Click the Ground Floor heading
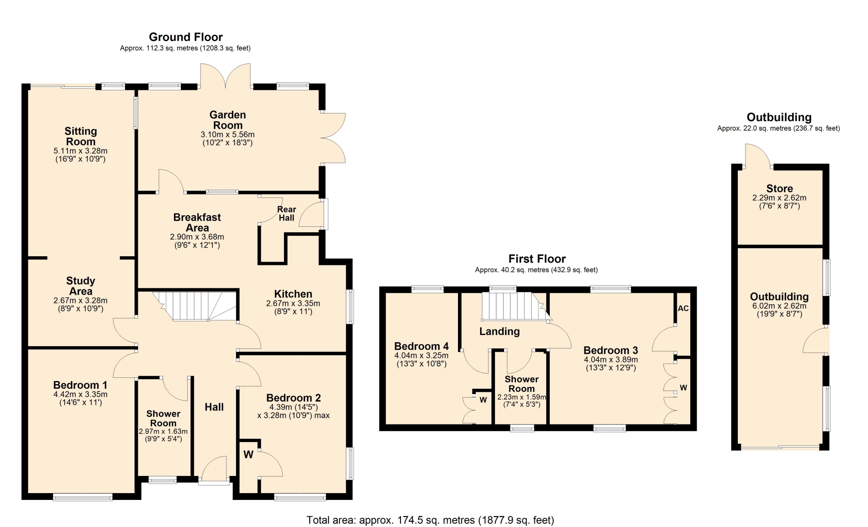click(186, 37)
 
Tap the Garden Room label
click(228, 120)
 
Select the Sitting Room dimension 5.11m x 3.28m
click(80, 151)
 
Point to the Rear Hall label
click(287, 213)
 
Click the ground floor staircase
click(194, 306)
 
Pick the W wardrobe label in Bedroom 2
click(248, 455)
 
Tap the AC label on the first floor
click(683, 308)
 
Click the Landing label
click(500, 331)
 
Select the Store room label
click(779, 188)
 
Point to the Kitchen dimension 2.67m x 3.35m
click(293, 303)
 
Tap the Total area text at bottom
click(430, 520)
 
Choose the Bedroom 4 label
click(421, 346)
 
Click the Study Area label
click(80, 286)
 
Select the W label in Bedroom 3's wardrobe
click(684, 388)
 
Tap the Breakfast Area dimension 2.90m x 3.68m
click(197, 237)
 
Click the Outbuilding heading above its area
click(779, 118)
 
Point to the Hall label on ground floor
click(214, 407)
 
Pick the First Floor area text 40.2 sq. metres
click(536, 270)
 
